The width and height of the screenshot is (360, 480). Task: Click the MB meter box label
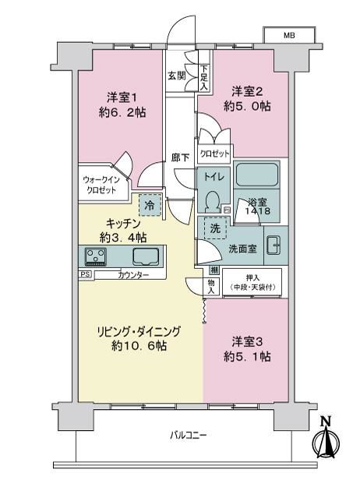[x=289, y=35]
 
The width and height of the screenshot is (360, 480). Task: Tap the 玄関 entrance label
[x=177, y=76]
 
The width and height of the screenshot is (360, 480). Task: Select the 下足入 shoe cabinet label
[x=204, y=78]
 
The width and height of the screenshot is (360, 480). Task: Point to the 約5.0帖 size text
[x=247, y=106]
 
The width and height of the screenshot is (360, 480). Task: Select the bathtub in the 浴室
[x=257, y=175]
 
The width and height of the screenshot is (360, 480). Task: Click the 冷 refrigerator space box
[x=150, y=205]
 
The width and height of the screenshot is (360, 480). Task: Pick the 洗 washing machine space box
[x=215, y=228]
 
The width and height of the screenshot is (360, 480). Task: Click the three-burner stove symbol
[x=96, y=256]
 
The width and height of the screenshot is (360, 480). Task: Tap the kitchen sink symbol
[x=146, y=256]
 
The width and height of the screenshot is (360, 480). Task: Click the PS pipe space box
[x=86, y=274]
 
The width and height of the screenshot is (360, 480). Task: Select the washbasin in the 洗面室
[x=274, y=245]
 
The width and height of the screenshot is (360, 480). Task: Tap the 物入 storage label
[x=211, y=287]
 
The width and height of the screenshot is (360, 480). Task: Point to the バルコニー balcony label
[x=189, y=435]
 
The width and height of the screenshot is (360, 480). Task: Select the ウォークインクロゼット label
[x=101, y=185]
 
